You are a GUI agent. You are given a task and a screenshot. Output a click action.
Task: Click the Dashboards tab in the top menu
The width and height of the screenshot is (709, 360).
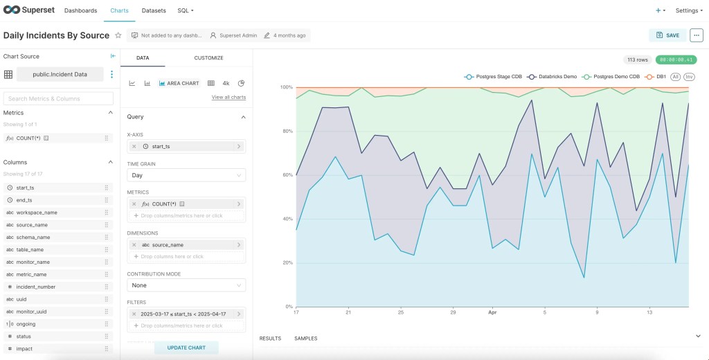tap(80, 11)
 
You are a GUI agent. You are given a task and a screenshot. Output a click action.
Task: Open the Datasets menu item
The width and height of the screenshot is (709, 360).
tap(154, 11)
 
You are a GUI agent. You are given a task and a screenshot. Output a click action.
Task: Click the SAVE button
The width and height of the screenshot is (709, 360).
tap(667, 35)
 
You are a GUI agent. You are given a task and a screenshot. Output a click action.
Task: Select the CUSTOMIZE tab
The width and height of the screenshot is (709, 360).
tap(208, 58)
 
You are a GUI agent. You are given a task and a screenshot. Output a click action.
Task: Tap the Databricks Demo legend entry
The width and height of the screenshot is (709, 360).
tap(553, 77)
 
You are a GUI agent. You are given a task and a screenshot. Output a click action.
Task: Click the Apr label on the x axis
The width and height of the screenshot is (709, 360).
tap(492, 312)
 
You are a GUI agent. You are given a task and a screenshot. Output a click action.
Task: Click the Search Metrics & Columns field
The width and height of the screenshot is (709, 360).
tap(58, 99)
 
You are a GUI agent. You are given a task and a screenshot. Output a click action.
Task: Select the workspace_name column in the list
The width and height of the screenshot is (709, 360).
tap(37, 213)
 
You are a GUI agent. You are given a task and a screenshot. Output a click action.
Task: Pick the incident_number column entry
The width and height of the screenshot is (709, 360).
tap(36, 287)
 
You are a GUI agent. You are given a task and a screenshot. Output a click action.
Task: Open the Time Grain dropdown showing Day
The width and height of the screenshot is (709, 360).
tap(186, 176)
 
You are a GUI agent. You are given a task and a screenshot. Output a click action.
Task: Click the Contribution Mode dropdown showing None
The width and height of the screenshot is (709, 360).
tap(186, 285)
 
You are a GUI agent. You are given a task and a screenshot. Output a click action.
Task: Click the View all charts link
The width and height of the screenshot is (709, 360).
tap(228, 98)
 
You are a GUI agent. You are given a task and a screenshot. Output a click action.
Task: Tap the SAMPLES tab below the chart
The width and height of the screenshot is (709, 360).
tap(306, 339)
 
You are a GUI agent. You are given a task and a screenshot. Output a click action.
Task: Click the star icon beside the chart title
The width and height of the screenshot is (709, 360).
tap(118, 35)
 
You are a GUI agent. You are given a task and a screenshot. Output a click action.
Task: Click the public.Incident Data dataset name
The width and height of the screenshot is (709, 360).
tap(60, 74)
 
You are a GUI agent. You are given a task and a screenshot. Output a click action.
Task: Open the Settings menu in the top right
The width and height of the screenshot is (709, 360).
tap(689, 11)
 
